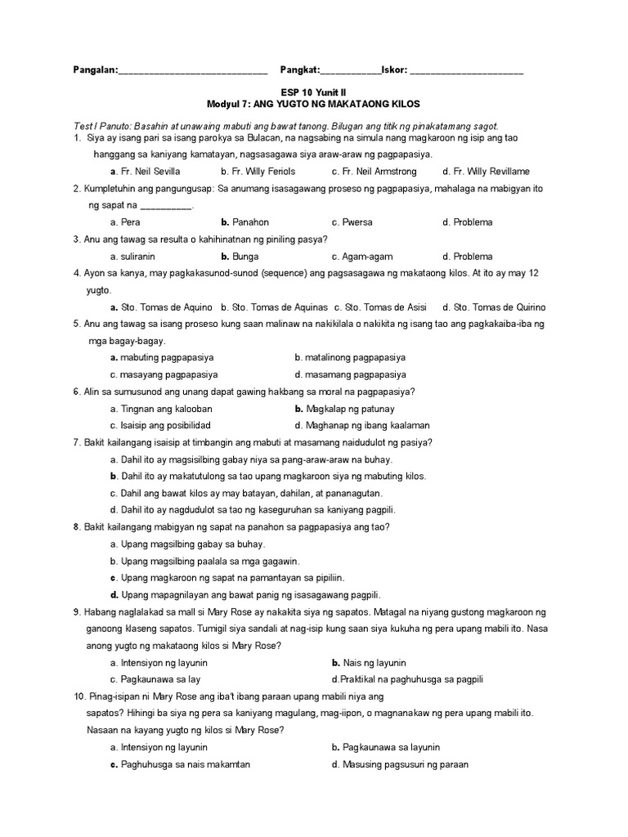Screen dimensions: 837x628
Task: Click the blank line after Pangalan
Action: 193,72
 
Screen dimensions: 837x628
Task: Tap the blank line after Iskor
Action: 466,72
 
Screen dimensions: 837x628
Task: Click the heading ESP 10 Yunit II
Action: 313,94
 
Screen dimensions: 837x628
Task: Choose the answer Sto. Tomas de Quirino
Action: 494,307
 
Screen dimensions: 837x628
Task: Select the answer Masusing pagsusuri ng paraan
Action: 400,764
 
